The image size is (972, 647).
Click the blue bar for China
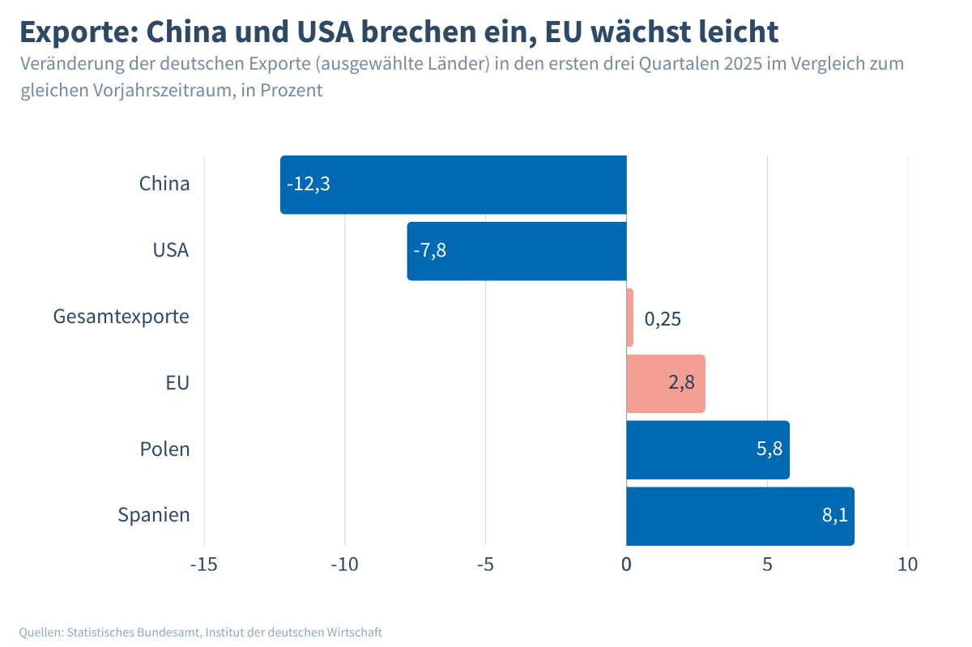point(454,185)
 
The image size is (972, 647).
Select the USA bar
point(517,251)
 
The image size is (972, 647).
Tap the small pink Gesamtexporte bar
point(630,317)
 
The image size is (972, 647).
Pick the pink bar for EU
point(666,384)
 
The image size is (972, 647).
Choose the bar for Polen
point(707,449)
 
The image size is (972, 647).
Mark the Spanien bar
point(740,516)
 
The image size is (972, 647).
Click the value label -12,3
point(309,184)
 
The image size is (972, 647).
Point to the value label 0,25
point(663,318)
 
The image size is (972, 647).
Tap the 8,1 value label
point(834,515)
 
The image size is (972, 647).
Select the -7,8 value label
point(429,250)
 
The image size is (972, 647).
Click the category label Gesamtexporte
point(122,317)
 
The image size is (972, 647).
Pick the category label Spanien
point(154,515)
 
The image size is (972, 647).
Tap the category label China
point(164,184)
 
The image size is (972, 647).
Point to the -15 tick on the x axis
point(203,564)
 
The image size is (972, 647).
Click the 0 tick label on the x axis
point(626,564)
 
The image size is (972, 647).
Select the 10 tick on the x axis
point(908,564)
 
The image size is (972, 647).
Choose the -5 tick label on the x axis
point(485,564)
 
